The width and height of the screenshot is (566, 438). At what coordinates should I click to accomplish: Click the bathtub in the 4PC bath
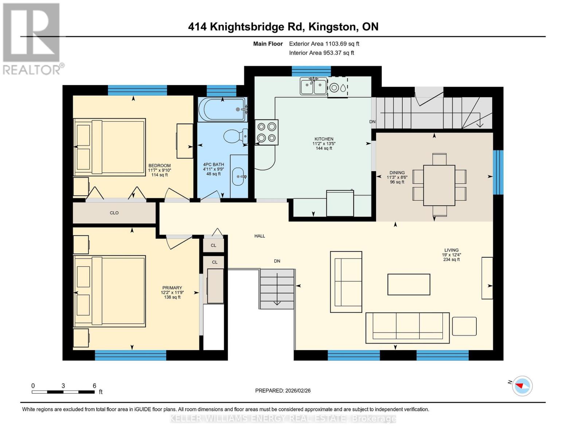(x=222, y=109)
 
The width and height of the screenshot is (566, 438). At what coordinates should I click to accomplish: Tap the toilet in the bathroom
(x=235, y=137)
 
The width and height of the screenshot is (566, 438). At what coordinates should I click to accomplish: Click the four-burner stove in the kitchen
(x=266, y=132)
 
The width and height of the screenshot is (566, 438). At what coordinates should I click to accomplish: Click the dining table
(x=439, y=185)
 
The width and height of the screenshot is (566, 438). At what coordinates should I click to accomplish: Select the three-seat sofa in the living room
(x=407, y=327)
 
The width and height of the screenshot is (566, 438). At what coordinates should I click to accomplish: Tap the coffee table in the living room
(x=409, y=284)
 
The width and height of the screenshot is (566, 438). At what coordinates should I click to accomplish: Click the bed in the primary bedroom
(x=110, y=291)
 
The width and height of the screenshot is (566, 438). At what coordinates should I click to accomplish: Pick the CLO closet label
(x=114, y=213)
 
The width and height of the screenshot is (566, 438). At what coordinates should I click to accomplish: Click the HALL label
(x=259, y=236)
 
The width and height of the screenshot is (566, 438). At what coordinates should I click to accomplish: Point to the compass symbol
(x=522, y=386)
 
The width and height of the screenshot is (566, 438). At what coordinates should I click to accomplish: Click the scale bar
(x=63, y=392)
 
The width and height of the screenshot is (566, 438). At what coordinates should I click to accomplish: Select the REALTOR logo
(x=32, y=38)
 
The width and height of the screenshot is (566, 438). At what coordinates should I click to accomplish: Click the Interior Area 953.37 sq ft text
(x=321, y=53)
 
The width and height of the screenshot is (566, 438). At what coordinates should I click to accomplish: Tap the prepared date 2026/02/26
(x=283, y=391)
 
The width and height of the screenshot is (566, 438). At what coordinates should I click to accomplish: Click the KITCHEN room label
(x=324, y=139)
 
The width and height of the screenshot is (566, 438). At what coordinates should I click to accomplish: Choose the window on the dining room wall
(x=498, y=172)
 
